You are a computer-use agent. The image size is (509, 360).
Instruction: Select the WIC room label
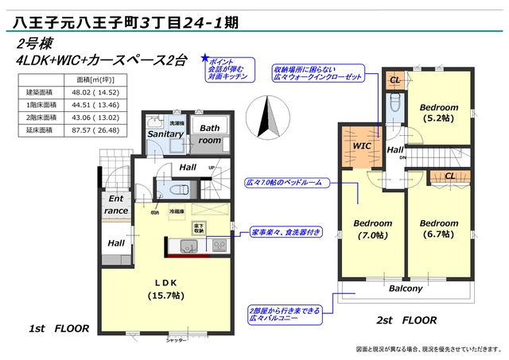click(363, 146)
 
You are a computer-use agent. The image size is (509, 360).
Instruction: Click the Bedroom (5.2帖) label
click(438, 113)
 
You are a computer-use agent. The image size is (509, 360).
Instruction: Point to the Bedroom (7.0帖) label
click(372, 229)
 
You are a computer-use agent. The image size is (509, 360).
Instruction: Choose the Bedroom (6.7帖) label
click(439, 229)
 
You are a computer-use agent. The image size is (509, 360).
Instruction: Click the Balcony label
click(405, 288)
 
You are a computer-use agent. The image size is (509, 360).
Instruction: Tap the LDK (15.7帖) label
click(165, 288)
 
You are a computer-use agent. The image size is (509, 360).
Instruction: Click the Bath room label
click(209, 134)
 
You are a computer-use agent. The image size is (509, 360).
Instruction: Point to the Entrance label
click(116, 205)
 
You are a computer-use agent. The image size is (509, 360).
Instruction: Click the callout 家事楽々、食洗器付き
click(286, 234)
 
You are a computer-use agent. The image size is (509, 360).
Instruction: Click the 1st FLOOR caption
click(59, 327)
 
